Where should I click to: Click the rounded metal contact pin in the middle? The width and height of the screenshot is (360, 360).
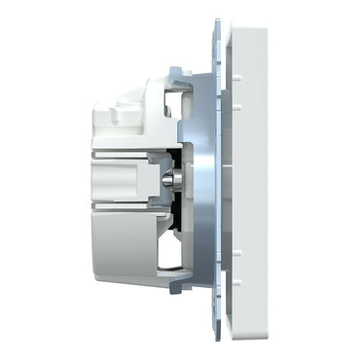[x=170, y=179]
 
